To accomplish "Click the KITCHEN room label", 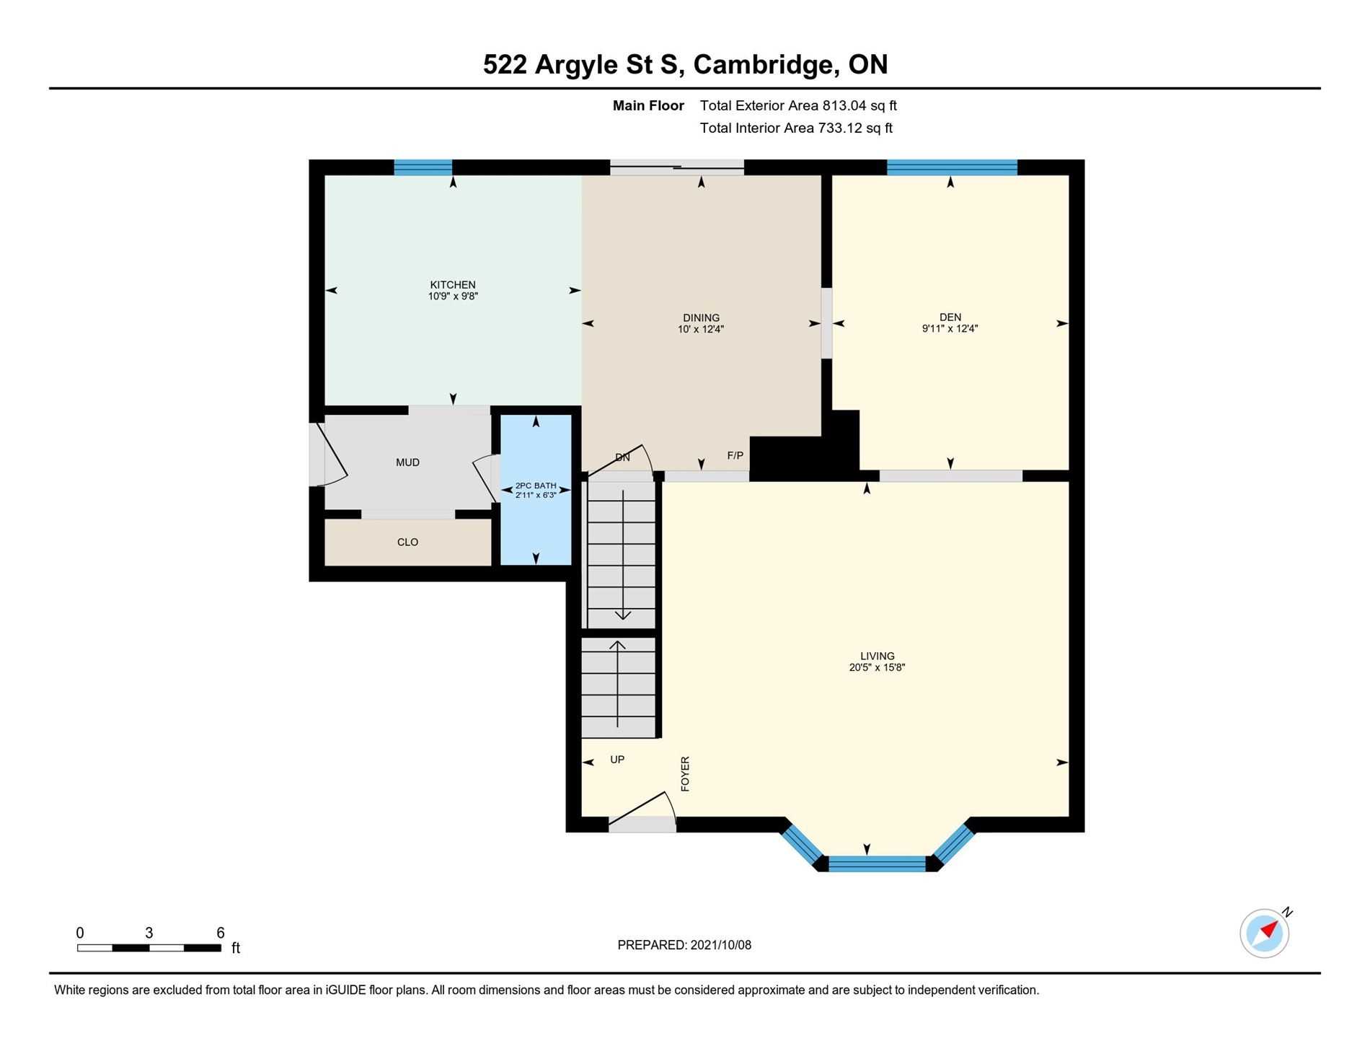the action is [x=453, y=285].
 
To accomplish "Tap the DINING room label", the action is [x=701, y=318].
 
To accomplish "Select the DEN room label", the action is [x=950, y=317].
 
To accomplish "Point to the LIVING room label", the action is [x=877, y=656].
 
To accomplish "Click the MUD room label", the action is [x=407, y=462].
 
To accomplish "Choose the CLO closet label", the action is [x=407, y=542].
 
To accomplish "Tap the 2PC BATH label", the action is [x=536, y=485].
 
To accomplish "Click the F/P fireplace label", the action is [x=735, y=456].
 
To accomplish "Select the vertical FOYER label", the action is [x=685, y=774].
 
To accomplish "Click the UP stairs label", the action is [x=617, y=760].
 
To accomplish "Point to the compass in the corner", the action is [x=1265, y=933].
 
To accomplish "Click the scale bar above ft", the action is [x=149, y=948].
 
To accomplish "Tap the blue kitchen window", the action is [x=423, y=167].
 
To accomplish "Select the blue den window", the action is [x=952, y=167].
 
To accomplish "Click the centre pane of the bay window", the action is [x=877, y=864].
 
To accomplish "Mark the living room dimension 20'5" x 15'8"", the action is [x=877, y=668].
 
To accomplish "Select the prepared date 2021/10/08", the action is [x=720, y=945].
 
